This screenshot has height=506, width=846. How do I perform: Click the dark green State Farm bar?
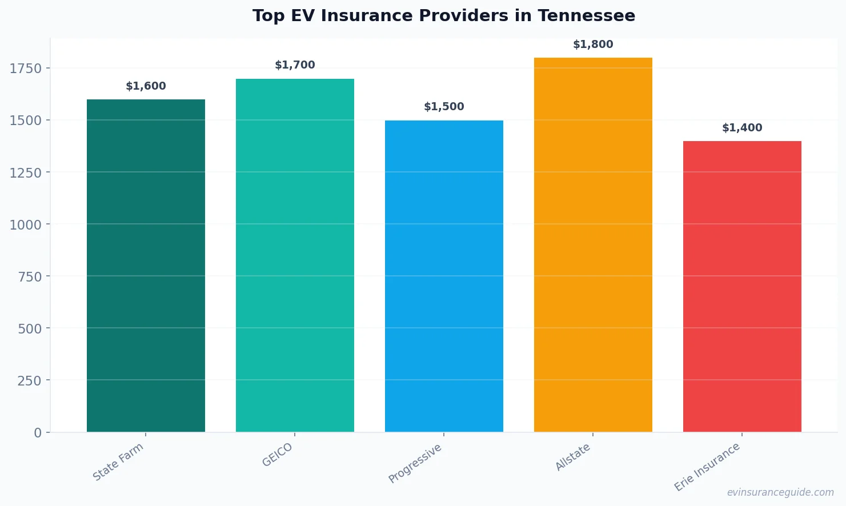tap(146, 266)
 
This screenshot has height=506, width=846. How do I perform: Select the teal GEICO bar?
tap(295, 255)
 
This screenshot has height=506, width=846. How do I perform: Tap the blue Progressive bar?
tap(444, 276)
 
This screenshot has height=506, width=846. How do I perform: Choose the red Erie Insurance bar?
tap(742, 286)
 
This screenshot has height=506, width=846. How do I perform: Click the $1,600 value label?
tap(146, 86)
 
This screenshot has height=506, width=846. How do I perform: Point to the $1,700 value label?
tap(295, 65)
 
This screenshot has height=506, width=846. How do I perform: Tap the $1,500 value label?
tap(444, 107)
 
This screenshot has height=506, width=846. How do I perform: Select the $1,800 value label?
tap(593, 45)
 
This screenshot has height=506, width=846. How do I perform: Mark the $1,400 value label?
tap(742, 128)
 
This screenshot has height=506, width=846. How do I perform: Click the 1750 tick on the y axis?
tap(26, 69)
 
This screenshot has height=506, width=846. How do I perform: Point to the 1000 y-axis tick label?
tap(26, 225)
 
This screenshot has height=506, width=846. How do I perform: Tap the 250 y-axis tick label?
tap(29, 381)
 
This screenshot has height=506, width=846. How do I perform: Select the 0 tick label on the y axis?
tap(38, 433)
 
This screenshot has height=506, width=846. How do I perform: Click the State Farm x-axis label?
tap(118, 462)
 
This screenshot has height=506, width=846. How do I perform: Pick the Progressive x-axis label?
tap(415, 463)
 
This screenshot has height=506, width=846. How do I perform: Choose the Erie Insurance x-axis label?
tap(707, 467)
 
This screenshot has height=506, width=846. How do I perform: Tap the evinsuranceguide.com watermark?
tap(780, 492)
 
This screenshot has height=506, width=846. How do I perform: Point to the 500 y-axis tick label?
tap(29, 329)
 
